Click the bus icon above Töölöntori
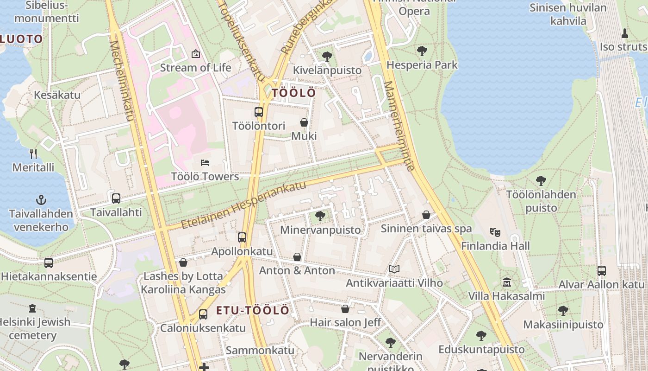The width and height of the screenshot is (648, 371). point(259,112)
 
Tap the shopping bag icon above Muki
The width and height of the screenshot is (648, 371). point(304,122)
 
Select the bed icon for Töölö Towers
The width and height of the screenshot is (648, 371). point(205,163)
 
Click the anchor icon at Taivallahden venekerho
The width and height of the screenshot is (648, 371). point(42,200)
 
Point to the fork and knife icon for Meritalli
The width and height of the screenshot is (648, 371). point(33,154)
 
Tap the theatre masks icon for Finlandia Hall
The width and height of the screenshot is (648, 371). point(495,232)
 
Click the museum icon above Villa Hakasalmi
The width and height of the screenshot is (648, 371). point(507,282)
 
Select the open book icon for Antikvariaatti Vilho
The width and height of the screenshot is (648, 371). point(394,269)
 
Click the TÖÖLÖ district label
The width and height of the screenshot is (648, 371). point(294,93)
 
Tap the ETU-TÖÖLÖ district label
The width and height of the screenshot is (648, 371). point(253,310)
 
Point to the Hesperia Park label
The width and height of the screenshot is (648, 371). point(422,65)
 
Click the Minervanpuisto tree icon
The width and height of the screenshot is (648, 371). point(320,216)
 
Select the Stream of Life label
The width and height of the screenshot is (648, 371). point(195,68)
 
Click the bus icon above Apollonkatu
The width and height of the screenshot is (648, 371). point(242,237)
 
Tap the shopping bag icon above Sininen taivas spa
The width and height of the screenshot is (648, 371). point(426,215)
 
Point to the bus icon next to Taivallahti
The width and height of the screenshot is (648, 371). point(116,198)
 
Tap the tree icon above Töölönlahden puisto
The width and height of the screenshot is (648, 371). point(541,181)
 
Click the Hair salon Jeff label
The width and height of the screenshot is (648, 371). point(345,322)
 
